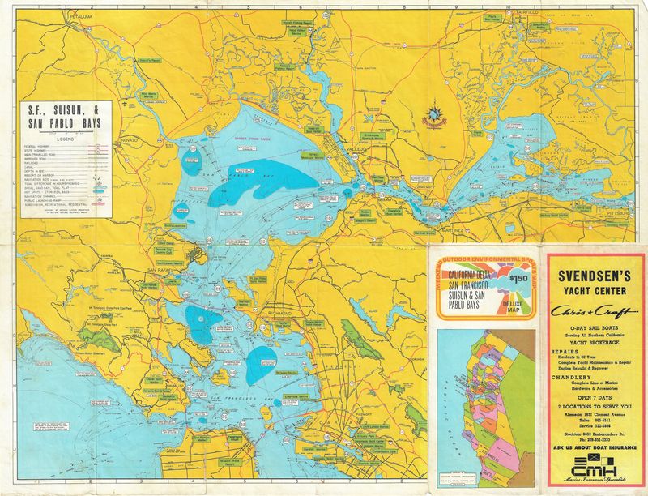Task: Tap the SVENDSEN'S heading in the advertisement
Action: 596,275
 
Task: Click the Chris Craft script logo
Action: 596,310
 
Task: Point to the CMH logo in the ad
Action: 595,466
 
